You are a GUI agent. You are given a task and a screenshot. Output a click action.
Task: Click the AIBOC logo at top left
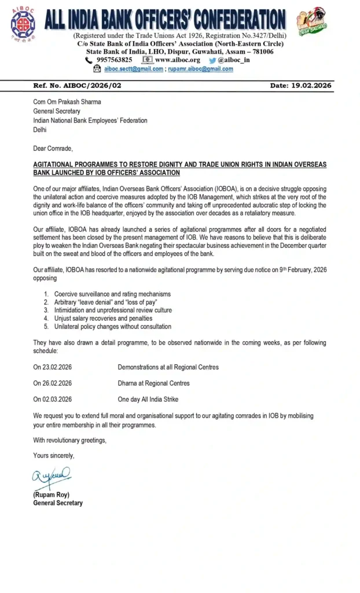click(23, 24)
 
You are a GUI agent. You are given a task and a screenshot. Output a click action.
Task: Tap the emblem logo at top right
click(311, 21)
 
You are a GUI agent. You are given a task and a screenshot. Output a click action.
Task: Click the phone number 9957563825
click(114, 60)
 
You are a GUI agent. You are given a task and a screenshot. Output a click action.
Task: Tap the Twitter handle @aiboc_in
click(233, 60)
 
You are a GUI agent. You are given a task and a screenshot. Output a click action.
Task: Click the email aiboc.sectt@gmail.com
click(133, 69)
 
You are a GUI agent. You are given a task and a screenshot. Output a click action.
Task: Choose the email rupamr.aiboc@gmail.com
click(201, 69)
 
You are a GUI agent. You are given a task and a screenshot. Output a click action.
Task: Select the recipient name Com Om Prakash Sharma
click(67, 102)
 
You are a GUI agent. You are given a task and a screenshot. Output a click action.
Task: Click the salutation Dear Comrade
click(53, 148)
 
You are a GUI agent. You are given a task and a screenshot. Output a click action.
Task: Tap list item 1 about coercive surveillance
click(112, 294)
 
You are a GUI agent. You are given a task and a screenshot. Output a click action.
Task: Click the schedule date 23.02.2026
click(53, 367)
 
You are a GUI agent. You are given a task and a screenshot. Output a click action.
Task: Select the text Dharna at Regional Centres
click(153, 383)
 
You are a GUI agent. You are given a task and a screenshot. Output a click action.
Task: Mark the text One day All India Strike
click(148, 400)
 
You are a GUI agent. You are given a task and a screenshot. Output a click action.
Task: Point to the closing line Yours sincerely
click(54, 456)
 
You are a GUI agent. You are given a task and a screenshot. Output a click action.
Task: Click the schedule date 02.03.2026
click(53, 400)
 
